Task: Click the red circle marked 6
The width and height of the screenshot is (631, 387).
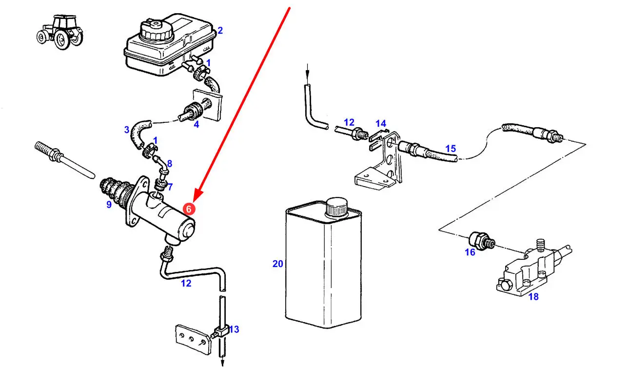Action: click(x=189, y=209)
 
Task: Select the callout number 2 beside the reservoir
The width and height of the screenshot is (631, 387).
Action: click(x=220, y=31)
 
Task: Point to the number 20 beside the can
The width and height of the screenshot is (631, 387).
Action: click(x=277, y=264)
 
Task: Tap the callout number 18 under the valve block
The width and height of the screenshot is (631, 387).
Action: click(x=533, y=296)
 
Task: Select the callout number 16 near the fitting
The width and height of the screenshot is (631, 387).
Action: click(x=470, y=252)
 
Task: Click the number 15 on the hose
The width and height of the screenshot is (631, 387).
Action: click(x=450, y=148)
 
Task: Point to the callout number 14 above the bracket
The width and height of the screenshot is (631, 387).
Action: click(x=380, y=124)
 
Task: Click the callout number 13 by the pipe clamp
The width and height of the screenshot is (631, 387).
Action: click(x=234, y=329)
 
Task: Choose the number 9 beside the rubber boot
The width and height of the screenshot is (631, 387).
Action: click(x=109, y=205)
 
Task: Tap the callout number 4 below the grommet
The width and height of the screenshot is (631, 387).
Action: click(x=197, y=124)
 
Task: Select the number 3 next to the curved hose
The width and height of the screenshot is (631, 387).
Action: click(x=127, y=130)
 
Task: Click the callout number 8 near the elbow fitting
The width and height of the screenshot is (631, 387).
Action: click(x=169, y=163)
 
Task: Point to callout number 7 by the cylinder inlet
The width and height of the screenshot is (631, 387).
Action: click(x=169, y=186)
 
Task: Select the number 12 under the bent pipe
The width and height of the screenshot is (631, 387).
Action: click(x=186, y=283)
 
